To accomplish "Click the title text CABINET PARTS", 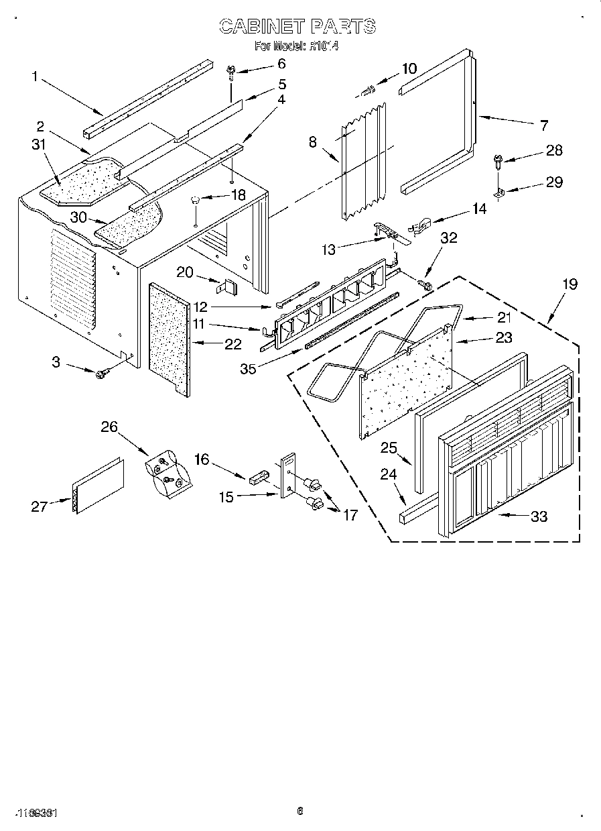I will coord(297,26).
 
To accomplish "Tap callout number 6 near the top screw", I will coord(281,64).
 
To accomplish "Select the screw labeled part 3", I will coord(103,374).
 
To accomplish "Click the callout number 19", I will coord(569,284).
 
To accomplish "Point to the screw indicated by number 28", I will coord(498,160).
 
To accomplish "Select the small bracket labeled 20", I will coord(226,286).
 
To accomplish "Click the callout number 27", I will coord(39,506).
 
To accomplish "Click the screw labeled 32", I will coord(423,285).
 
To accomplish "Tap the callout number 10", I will coord(409,68).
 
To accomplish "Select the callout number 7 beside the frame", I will coord(543,125).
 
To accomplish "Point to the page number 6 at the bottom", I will coord(299,812).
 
